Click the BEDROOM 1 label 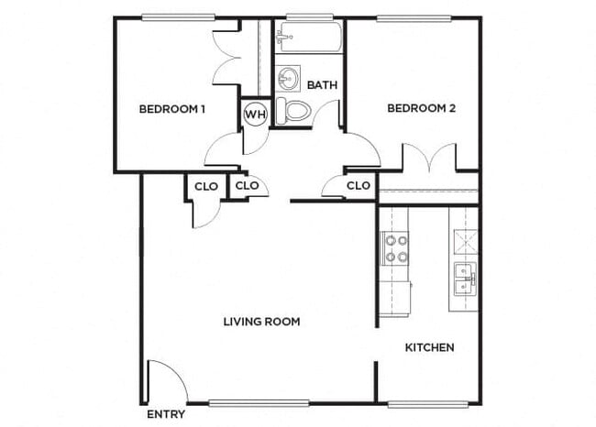(171, 110)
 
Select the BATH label (322, 85)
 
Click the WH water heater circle (254, 115)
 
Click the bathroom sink (288, 75)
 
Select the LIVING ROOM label (262, 322)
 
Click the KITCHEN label (430, 348)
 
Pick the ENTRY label (166, 415)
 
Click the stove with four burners (395, 248)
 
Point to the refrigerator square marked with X (464, 241)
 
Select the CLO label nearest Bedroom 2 (359, 186)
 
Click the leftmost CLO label (206, 186)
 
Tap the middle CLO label (248, 186)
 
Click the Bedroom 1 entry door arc (220, 147)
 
